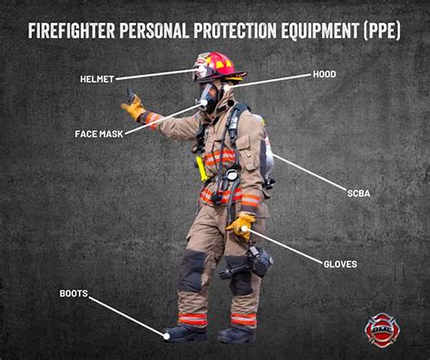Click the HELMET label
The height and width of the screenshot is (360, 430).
click(x=97, y=80)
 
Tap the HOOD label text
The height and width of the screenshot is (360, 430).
click(x=325, y=74)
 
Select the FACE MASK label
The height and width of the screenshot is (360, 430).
click(x=99, y=134)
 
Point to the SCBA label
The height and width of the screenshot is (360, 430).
click(x=358, y=194)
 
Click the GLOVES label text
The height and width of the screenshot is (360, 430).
click(x=340, y=264)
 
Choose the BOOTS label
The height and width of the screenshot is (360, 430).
click(x=74, y=293)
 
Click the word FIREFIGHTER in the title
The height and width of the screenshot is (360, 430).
click(x=72, y=30)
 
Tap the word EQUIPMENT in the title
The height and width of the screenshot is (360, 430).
click(x=320, y=30)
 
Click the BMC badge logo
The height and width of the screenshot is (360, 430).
click(x=382, y=330)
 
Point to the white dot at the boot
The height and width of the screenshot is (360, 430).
click(x=166, y=336)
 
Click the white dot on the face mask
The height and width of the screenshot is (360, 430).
click(x=204, y=103)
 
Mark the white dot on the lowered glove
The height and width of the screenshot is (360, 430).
click(x=244, y=228)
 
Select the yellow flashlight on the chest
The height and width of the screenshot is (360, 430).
click(x=201, y=169)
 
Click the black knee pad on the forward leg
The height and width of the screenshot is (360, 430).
click(x=191, y=271)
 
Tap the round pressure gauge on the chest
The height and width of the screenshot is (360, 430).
click(x=232, y=175)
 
